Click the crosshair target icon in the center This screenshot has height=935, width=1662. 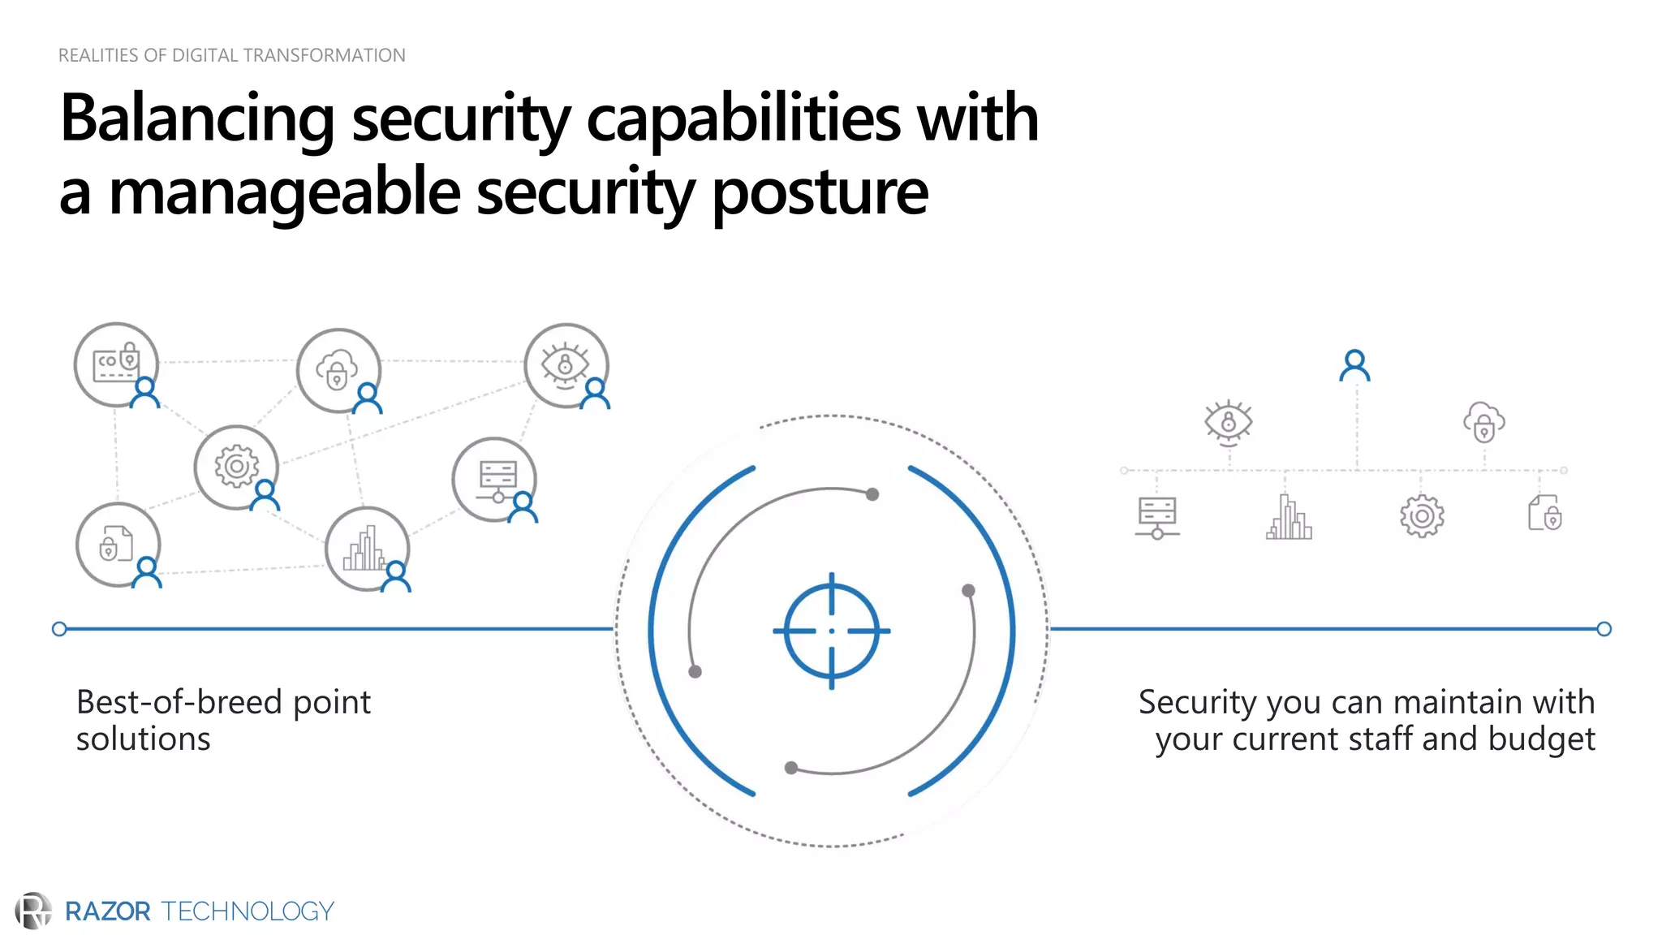click(x=831, y=631)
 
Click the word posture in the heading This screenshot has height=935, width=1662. click(x=820, y=193)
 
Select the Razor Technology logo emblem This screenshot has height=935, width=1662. click(x=33, y=911)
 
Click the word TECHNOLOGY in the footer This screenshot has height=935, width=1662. click(x=248, y=911)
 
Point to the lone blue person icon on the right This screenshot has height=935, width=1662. click(x=1354, y=365)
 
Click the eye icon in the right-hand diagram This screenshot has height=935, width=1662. click(x=1229, y=422)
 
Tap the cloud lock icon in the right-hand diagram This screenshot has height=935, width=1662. click(x=1483, y=422)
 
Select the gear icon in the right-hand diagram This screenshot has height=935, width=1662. click(x=1422, y=516)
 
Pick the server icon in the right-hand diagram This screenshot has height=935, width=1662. click(x=1157, y=517)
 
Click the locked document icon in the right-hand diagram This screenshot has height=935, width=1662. click(x=1545, y=514)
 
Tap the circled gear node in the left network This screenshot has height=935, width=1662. click(x=236, y=467)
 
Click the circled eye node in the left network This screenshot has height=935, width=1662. click(x=566, y=365)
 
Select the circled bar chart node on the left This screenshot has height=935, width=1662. click(x=367, y=549)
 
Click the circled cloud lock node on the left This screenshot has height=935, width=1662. click(x=338, y=370)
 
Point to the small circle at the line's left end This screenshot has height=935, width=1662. click(x=59, y=629)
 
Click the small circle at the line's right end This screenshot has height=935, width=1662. click(x=1604, y=629)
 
